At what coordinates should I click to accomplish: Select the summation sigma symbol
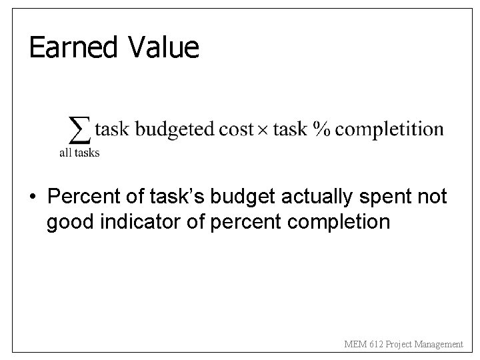[80, 129]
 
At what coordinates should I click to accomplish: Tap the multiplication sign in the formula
[263, 129]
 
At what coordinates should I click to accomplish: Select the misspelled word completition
[389, 129]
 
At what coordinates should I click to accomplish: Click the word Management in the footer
[437, 344]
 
